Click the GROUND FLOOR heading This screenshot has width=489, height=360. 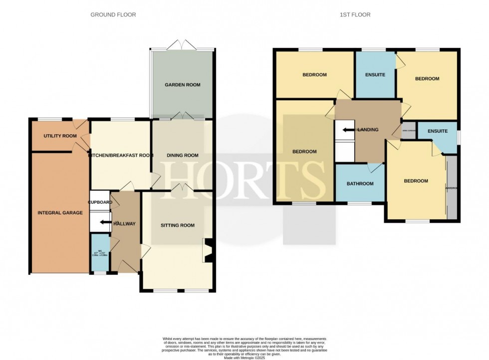point(113,15)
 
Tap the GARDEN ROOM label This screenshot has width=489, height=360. point(183,85)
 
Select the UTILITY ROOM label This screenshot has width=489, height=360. point(60,136)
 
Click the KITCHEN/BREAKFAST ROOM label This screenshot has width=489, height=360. point(120,155)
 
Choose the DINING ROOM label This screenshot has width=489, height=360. point(183,155)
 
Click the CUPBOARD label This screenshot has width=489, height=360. point(100,202)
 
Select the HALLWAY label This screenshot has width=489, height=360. point(124,224)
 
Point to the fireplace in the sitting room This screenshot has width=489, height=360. point(209,250)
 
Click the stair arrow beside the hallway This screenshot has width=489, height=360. point(105,223)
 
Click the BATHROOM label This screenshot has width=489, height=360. point(360,184)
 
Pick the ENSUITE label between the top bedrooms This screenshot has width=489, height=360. point(375,75)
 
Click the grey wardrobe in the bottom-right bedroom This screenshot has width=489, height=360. point(452,188)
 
